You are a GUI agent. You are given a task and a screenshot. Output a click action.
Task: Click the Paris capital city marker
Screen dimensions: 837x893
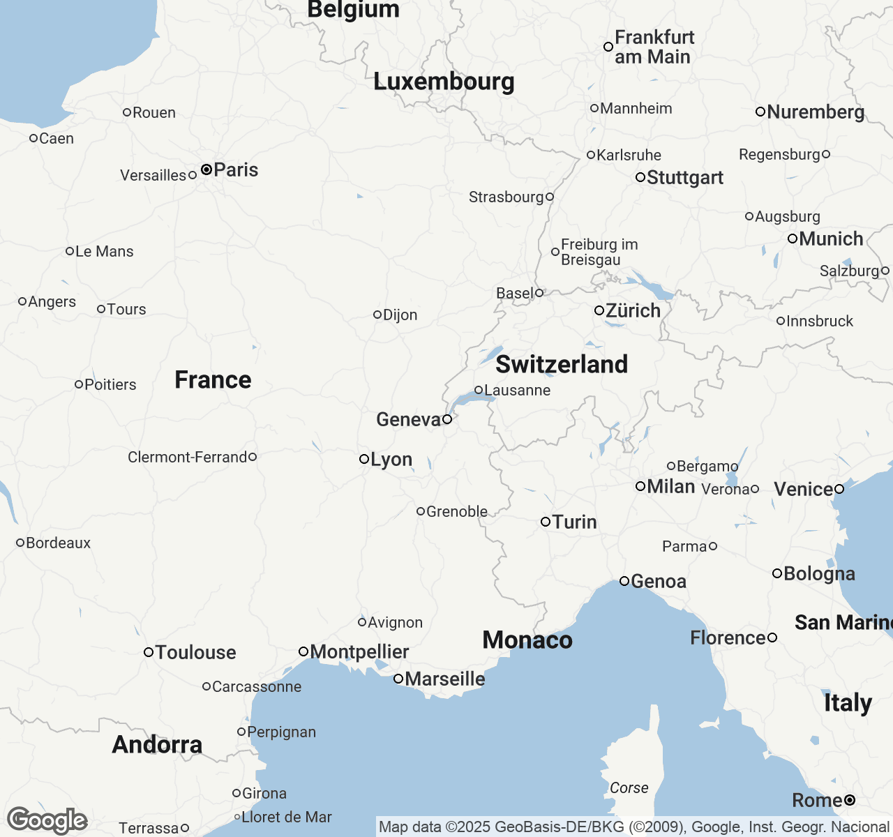(x=207, y=169)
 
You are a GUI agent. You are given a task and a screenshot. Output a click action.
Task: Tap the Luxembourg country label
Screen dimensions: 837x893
(x=444, y=82)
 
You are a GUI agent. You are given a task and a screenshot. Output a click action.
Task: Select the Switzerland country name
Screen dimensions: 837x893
(x=562, y=364)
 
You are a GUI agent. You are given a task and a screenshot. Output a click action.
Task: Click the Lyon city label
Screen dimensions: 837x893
(x=391, y=460)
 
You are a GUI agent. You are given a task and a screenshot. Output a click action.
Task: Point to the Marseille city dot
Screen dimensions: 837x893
(x=398, y=679)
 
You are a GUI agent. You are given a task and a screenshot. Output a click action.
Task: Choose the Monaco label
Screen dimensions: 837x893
(x=527, y=640)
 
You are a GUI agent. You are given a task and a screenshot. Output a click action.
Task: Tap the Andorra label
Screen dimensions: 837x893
(x=157, y=745)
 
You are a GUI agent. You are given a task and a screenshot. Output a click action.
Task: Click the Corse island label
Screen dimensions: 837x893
(x=629, y=788)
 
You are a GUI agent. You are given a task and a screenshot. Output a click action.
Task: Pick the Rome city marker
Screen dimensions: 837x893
(x=850, y=800)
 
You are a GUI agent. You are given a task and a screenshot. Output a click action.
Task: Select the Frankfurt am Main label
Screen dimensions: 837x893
(x=654, y=47)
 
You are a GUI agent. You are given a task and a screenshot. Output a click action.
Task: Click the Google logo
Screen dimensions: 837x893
(x=47, y=820)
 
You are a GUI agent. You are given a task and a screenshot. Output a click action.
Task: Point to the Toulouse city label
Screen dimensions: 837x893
(x=195, y=653)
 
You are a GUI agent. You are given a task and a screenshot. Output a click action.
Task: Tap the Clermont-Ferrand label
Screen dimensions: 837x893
(x=187, y=458)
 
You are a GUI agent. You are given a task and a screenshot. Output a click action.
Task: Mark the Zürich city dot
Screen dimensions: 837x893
(x=599, y=310)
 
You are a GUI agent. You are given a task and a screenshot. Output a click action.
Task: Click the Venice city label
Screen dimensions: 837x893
(x=803, y=490)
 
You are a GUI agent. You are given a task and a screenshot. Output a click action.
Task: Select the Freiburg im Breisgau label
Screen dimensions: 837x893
(x=599, y=252)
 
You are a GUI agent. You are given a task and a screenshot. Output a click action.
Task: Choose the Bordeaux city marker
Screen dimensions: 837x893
(x=20, y=543)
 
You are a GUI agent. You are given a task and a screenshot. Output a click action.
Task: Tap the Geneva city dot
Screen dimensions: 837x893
(x=447, y=419)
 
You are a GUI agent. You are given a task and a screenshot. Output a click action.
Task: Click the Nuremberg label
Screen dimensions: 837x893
(x=816, y=112)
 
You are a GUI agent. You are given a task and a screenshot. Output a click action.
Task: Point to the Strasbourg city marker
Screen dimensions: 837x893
(x=550, y=197)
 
